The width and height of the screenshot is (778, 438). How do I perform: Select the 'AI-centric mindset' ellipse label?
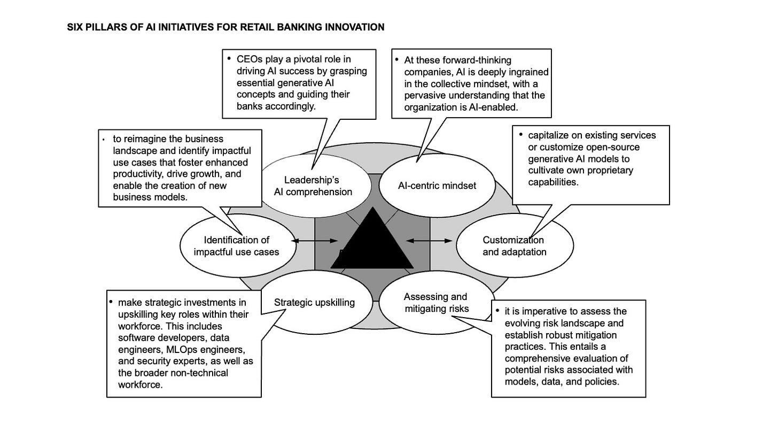point(437,186)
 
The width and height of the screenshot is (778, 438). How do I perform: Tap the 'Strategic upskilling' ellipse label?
point(314,302)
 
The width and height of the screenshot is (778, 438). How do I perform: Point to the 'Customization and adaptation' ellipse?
point(514,246)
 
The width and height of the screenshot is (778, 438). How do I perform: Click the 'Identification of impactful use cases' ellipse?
point(237,246)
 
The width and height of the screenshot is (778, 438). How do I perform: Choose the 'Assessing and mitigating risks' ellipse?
point(436,303)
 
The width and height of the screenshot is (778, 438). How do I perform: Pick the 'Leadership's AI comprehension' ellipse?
point(313,186)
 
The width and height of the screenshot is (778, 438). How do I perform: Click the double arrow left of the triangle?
point(315,241)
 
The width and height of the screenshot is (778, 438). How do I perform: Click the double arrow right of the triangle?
point(429,241)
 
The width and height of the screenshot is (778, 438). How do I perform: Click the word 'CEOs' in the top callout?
point(248,59)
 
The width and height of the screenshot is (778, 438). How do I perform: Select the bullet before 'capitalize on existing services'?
point(521,134)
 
